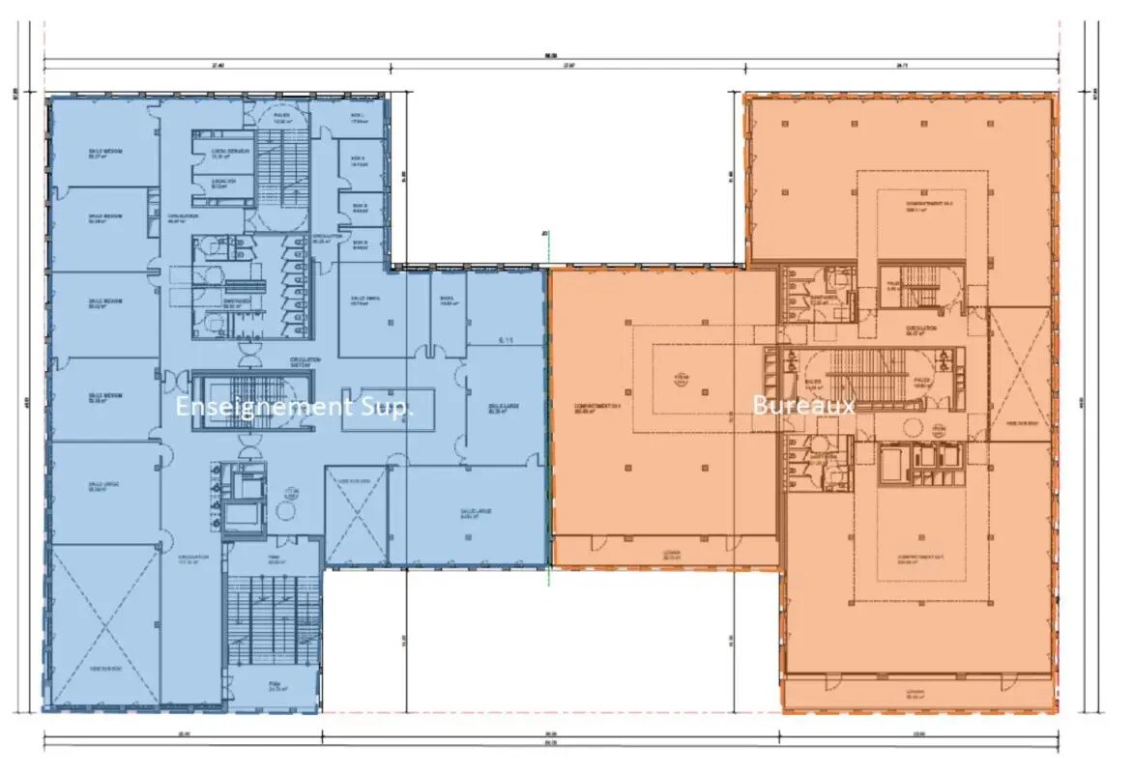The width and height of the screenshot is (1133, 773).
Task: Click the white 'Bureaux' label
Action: tap(803, 406)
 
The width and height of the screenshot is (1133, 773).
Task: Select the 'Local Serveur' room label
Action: tap(230, 153)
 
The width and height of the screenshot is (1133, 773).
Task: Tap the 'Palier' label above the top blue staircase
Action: tap(281, 116)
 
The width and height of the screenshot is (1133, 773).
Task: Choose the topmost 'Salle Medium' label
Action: tap(104, 154)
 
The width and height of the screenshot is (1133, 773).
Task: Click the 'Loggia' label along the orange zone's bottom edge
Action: tap(916, 693)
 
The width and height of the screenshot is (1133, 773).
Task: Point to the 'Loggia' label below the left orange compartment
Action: tap(671, 555)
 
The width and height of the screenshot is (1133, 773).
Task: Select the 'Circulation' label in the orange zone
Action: tap(920, 330)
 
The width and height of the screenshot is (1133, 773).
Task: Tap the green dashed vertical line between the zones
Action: tap(548, 406)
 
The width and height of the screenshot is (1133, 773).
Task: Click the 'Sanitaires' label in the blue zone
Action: tap(238, 301)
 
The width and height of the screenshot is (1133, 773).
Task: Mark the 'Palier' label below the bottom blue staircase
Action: tap(273, 687)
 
